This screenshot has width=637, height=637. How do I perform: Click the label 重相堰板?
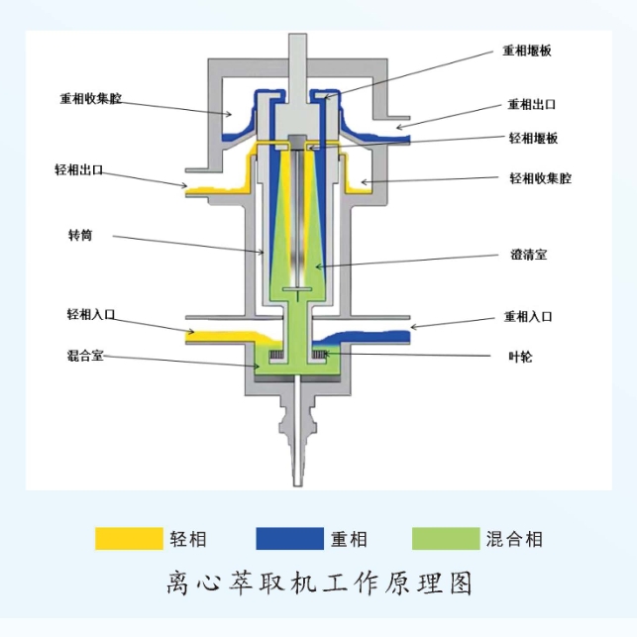[526, 51]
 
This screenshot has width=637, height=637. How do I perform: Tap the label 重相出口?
[531, 104]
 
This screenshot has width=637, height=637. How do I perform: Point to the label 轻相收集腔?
[540, 178]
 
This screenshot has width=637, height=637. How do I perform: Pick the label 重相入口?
[527, 317]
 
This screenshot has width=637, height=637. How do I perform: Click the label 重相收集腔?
[91, 99]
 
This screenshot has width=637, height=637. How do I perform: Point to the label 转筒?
[80, 235]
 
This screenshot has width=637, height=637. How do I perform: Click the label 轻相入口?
[91, 314]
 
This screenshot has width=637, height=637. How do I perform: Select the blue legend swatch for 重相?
[289, 538]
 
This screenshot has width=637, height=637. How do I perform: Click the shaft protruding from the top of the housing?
[299, 54]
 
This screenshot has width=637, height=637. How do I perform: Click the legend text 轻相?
[187, 539]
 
